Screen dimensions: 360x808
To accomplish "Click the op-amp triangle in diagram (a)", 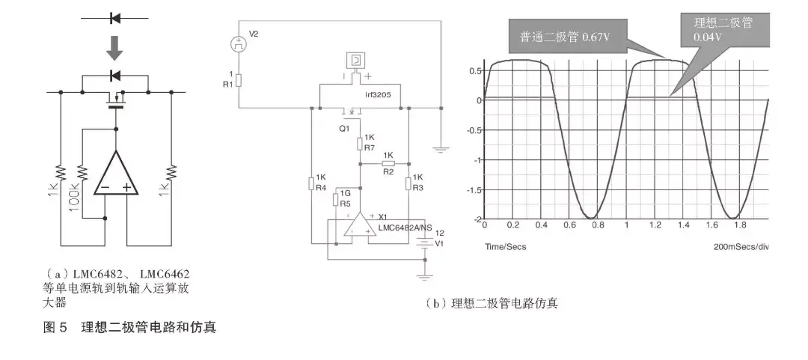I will (116, 177).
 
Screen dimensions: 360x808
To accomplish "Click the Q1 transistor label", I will (344, 128).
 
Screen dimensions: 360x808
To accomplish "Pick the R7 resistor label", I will (369, 148).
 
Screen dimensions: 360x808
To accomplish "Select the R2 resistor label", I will (388, 171).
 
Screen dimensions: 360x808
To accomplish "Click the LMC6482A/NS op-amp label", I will (404, 228).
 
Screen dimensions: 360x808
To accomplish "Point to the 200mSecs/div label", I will (741, 246).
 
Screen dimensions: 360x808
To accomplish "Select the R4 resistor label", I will (320, 187).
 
